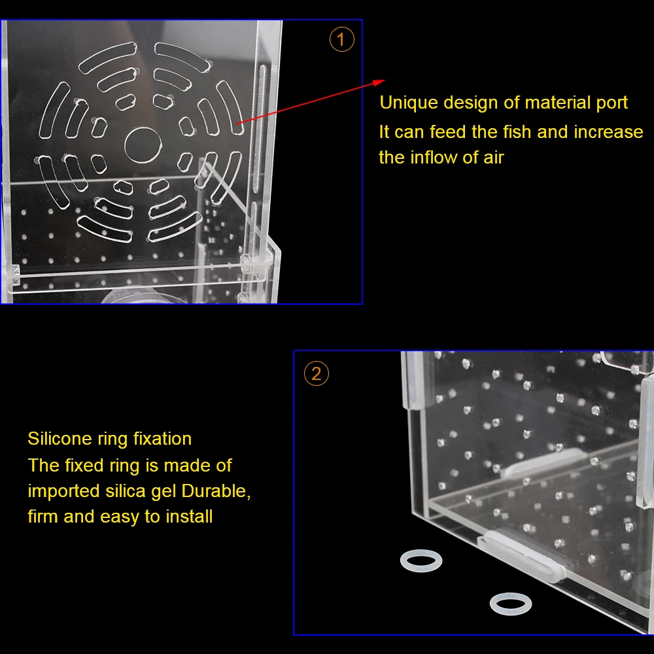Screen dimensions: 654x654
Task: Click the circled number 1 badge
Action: (x=341, y=41)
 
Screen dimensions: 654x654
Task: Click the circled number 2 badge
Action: (x=317, y=374)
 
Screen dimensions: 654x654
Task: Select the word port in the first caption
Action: (x=608, y=103)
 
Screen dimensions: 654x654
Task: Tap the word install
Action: (x=189, y=517)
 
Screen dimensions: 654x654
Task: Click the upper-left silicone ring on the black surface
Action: (x=421, y=560)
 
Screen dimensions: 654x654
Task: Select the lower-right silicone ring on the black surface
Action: (x=510, y=604)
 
